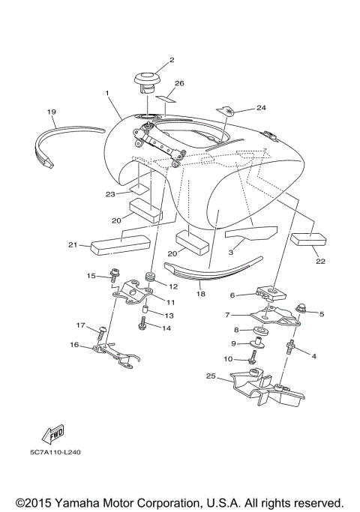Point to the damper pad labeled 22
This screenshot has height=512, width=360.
[x=309, y=240]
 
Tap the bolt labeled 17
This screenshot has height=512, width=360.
[x=101, y=328]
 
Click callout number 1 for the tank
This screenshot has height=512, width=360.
[x=109, y=94]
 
